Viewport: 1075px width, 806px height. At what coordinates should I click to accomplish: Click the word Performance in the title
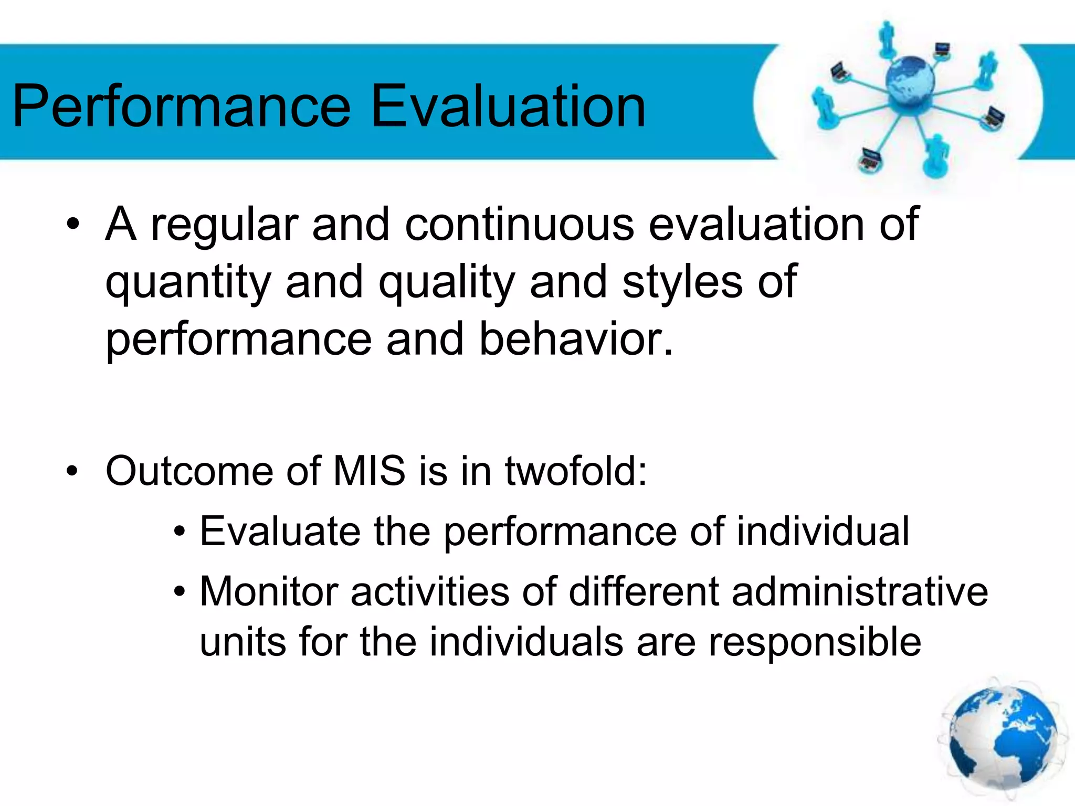pos(181,108)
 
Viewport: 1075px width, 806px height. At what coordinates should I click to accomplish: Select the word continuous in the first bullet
pos(519,225)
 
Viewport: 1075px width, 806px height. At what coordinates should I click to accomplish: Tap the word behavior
pos(575,340)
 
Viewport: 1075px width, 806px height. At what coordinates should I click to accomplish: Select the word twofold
pos(575,471)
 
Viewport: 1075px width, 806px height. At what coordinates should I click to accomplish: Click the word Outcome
pos(189,471)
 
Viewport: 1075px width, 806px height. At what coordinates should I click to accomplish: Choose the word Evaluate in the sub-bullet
pos(279,532)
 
